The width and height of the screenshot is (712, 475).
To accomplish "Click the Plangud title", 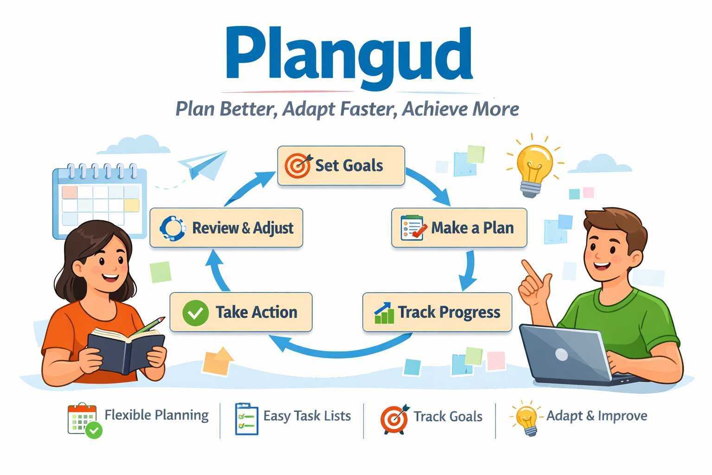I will (349, 55).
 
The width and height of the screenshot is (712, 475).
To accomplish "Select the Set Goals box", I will (341, 166).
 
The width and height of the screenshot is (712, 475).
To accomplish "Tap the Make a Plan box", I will (459, 228).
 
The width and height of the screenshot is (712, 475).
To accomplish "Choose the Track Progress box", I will (437, 312).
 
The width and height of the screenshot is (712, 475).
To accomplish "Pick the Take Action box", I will (241, 312).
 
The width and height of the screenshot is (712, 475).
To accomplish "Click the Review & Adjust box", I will (226, 228).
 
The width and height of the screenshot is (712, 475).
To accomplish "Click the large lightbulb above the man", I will (534, 168).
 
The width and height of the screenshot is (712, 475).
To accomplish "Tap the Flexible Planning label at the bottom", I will (156, 415).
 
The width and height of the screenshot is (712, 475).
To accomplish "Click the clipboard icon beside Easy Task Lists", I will (246, 418).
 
